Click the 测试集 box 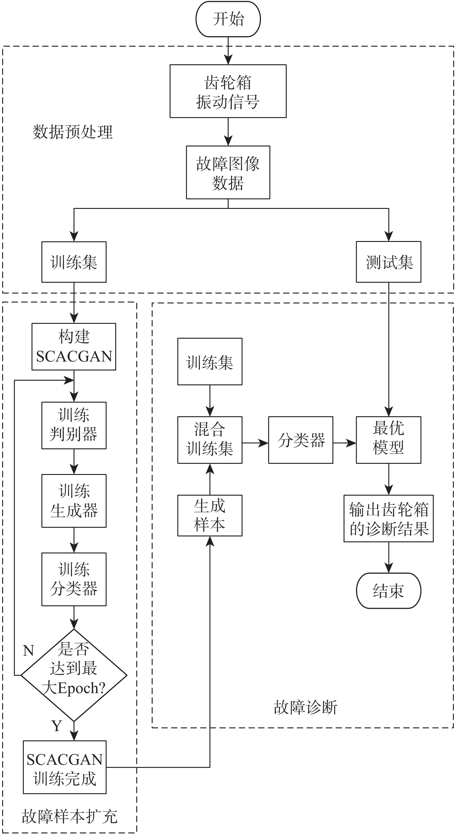click(388, 262)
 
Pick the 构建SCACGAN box click(74, 346)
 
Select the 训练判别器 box click(74, 425)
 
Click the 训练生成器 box click(74, 501)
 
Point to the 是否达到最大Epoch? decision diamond click(74, 675)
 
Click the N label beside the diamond click(28, 650)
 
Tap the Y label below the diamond click(57, 726)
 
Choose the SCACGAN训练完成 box click(65, 767)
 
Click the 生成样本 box click(210, 515)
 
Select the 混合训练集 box click(210, 440)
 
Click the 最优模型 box click(388, 440)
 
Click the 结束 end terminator click(388, 591)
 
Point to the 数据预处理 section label click(73, 132)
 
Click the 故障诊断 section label click(306, 707)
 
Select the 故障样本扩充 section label click(69, 816)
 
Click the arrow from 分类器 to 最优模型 click(344, 443)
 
